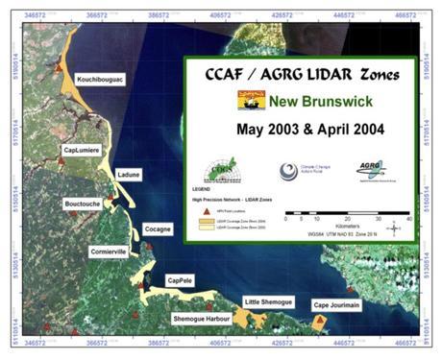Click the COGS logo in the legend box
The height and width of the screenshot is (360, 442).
[223, 168]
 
